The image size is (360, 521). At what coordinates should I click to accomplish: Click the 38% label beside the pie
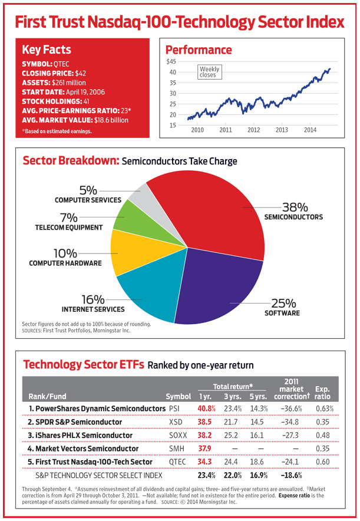[295, 207]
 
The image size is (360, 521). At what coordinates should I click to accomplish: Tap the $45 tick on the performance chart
[171, 61]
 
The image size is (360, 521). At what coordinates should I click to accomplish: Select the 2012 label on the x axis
[254, 130]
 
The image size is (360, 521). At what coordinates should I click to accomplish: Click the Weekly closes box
[209, 72]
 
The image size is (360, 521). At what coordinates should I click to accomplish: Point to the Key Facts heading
[47, 50]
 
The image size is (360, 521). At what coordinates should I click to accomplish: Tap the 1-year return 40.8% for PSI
[206, 408]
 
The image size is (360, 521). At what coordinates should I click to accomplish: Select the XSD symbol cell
[176, 422]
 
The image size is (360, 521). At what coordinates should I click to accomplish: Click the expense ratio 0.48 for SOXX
[322, 436]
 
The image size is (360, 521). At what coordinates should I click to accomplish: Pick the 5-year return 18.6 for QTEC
[257, 462]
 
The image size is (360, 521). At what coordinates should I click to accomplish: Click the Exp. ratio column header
[322, 393]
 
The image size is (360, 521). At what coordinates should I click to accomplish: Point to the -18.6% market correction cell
[291, 476]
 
